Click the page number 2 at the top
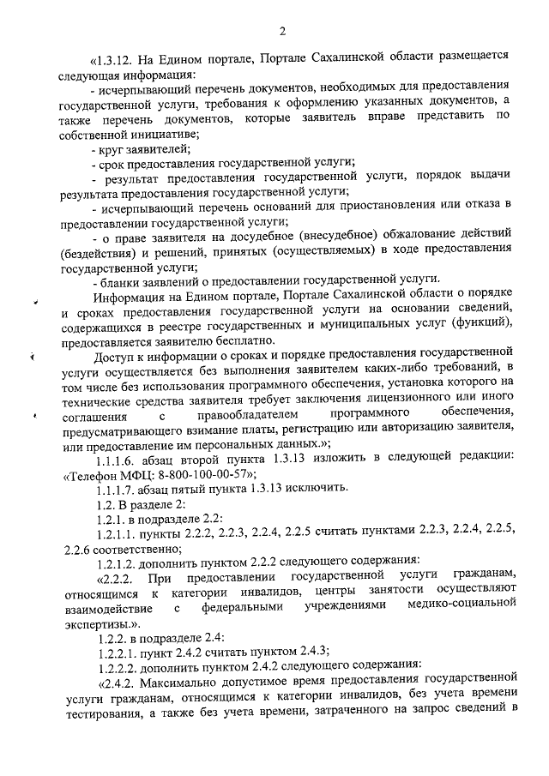tap(282, 32)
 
